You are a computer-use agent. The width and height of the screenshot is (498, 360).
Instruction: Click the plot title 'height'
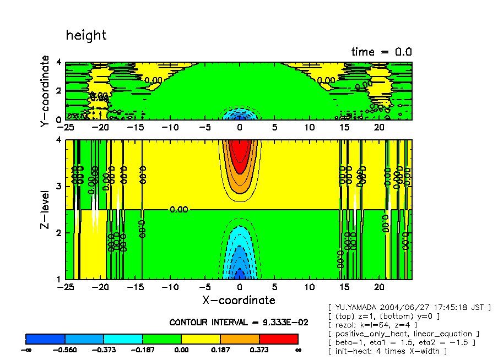point(86,35)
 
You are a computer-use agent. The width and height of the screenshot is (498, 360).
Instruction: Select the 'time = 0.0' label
point(381,52)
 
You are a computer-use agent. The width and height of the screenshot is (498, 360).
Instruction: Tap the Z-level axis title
point(45,210)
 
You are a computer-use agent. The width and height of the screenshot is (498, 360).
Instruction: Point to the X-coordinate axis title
point(239,300)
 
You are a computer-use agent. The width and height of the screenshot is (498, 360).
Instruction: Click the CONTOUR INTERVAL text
point(239,322)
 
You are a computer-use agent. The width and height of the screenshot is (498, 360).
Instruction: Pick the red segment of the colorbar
point(278,339)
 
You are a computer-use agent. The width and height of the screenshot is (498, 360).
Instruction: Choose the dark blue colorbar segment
point(46,339)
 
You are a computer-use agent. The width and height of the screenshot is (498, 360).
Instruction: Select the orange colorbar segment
point(240,339)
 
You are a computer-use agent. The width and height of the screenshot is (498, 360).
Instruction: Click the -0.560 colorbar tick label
point(65,350)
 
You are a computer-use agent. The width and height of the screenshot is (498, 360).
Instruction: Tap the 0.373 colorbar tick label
point(259,350)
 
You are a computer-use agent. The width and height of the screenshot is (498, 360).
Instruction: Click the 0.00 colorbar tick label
point(181,350)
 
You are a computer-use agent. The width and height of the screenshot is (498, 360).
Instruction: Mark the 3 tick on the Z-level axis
point(59,187)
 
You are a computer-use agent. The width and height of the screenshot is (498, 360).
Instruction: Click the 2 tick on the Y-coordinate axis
point(59,91)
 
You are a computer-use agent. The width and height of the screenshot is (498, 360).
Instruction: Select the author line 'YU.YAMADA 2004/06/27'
point(409,307)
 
